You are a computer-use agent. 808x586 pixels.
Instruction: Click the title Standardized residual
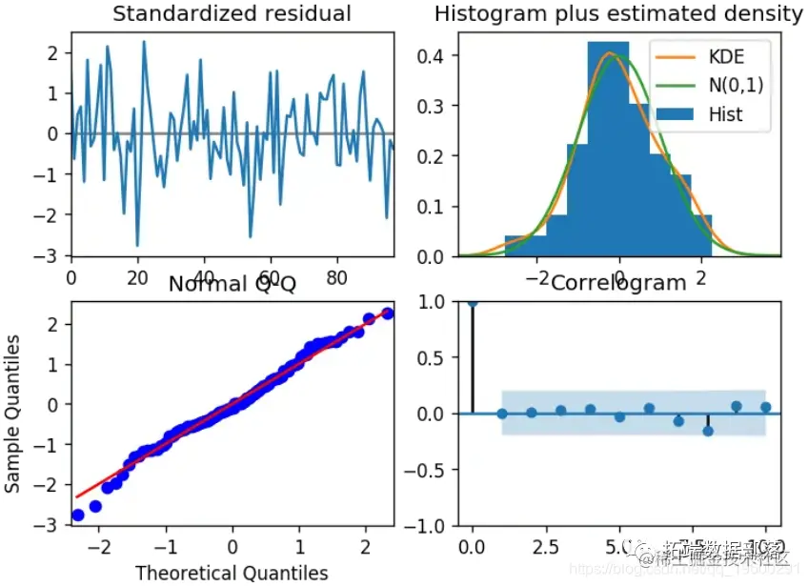232,14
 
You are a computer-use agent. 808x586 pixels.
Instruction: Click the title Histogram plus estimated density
618,14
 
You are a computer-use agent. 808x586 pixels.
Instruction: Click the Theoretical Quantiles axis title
232,572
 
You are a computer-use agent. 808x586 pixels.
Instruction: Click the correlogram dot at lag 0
473,302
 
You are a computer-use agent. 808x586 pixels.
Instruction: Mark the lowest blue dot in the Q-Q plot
78,515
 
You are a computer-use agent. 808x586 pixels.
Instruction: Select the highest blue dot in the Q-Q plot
387,313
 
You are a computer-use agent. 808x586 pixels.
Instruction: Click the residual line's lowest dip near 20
137,245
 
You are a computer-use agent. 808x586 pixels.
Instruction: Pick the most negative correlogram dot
707,431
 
